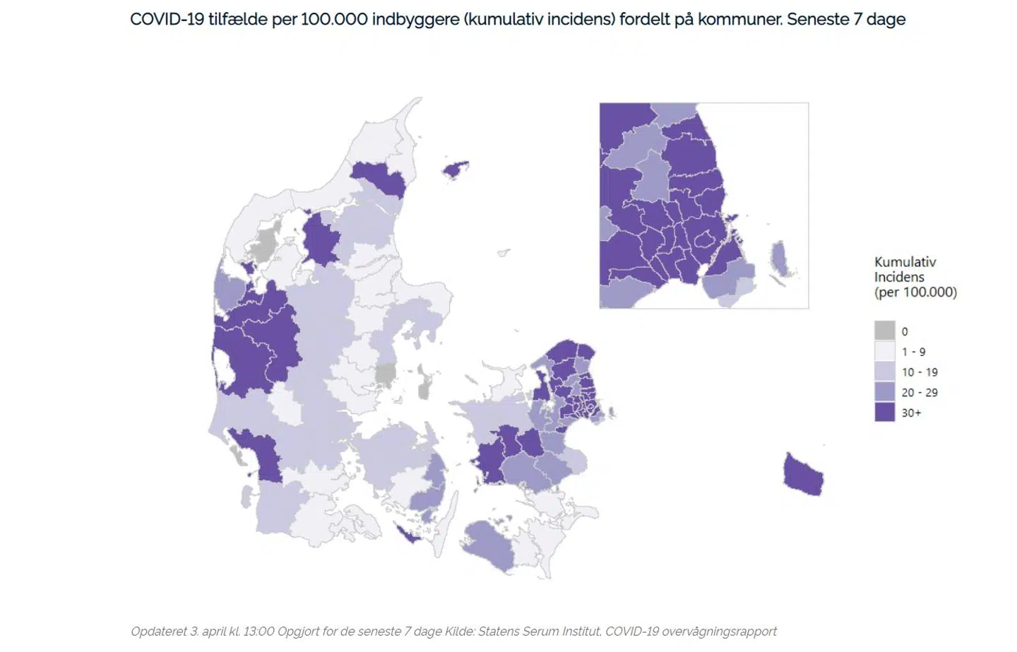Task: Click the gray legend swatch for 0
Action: click(884, 331)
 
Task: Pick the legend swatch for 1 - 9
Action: click(884, 351)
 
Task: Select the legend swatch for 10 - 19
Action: click(884, 372)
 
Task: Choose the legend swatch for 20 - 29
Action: click(884, 392)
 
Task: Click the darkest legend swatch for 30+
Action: click(884, 413)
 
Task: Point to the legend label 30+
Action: click(911, 413)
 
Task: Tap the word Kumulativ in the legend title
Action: click(905, 262)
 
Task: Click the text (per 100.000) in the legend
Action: click(915, 292)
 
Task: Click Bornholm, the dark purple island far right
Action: click(803, 475)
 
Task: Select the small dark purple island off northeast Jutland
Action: click(456, 170)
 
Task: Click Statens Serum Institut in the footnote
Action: click(539, 632)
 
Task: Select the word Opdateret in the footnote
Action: click(158, 632)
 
